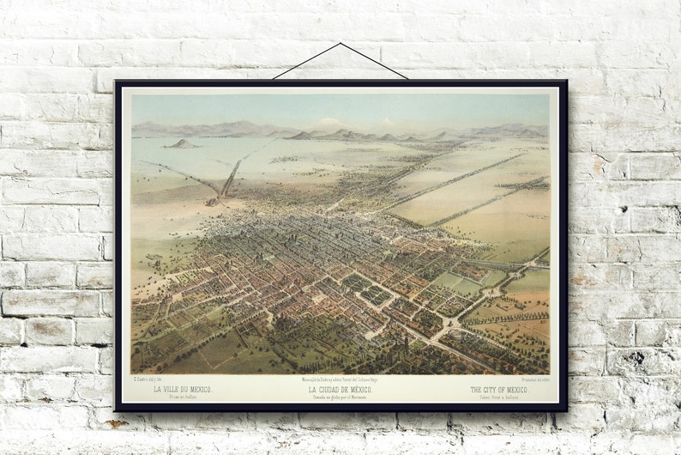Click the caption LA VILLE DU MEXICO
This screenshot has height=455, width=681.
pos(183,390)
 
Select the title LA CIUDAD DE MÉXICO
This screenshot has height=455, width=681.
pos(340,390)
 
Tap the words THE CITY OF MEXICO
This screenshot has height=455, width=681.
pos(499,390)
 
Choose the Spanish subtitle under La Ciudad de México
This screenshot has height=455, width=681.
pos(340,397)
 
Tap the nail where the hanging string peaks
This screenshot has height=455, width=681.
pos(340,43)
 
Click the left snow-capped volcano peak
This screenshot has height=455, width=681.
pos(329,122)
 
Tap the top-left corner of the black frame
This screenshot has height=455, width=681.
pos(117,82)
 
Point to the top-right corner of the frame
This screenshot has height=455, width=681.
pos(565,82)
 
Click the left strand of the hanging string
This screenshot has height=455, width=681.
pos(307,61)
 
